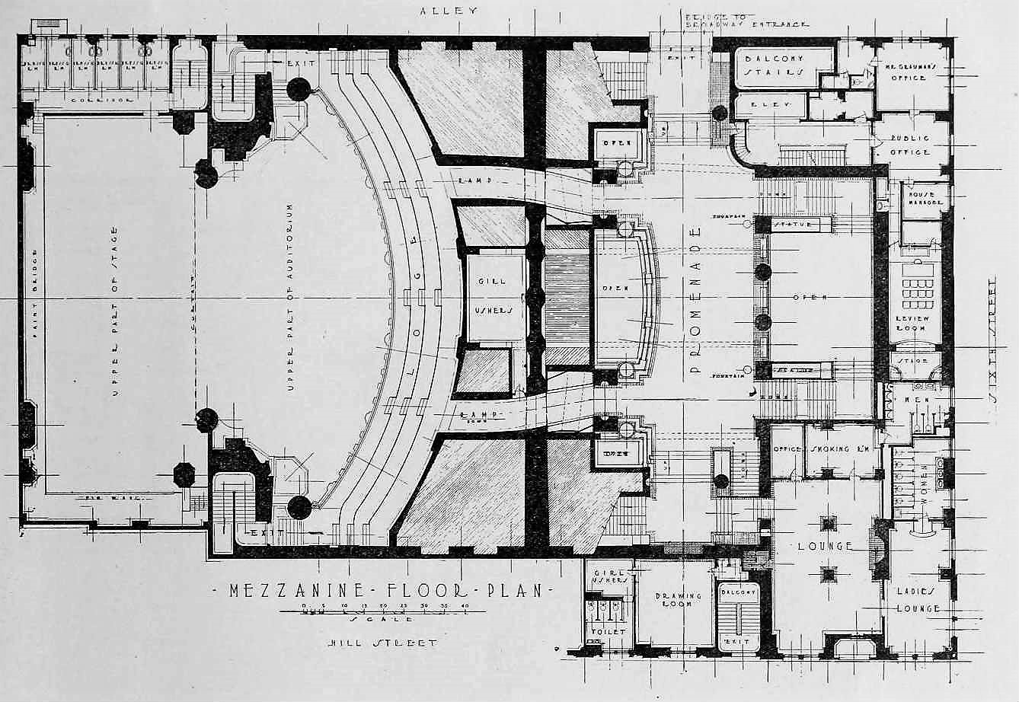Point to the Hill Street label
tap(382, 643)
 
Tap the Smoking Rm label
tap(842, 449)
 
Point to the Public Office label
tap(910, 145)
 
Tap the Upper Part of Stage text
tap(116, 312)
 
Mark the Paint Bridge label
tap(34, 293)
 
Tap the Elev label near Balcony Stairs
tap(772, 104)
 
